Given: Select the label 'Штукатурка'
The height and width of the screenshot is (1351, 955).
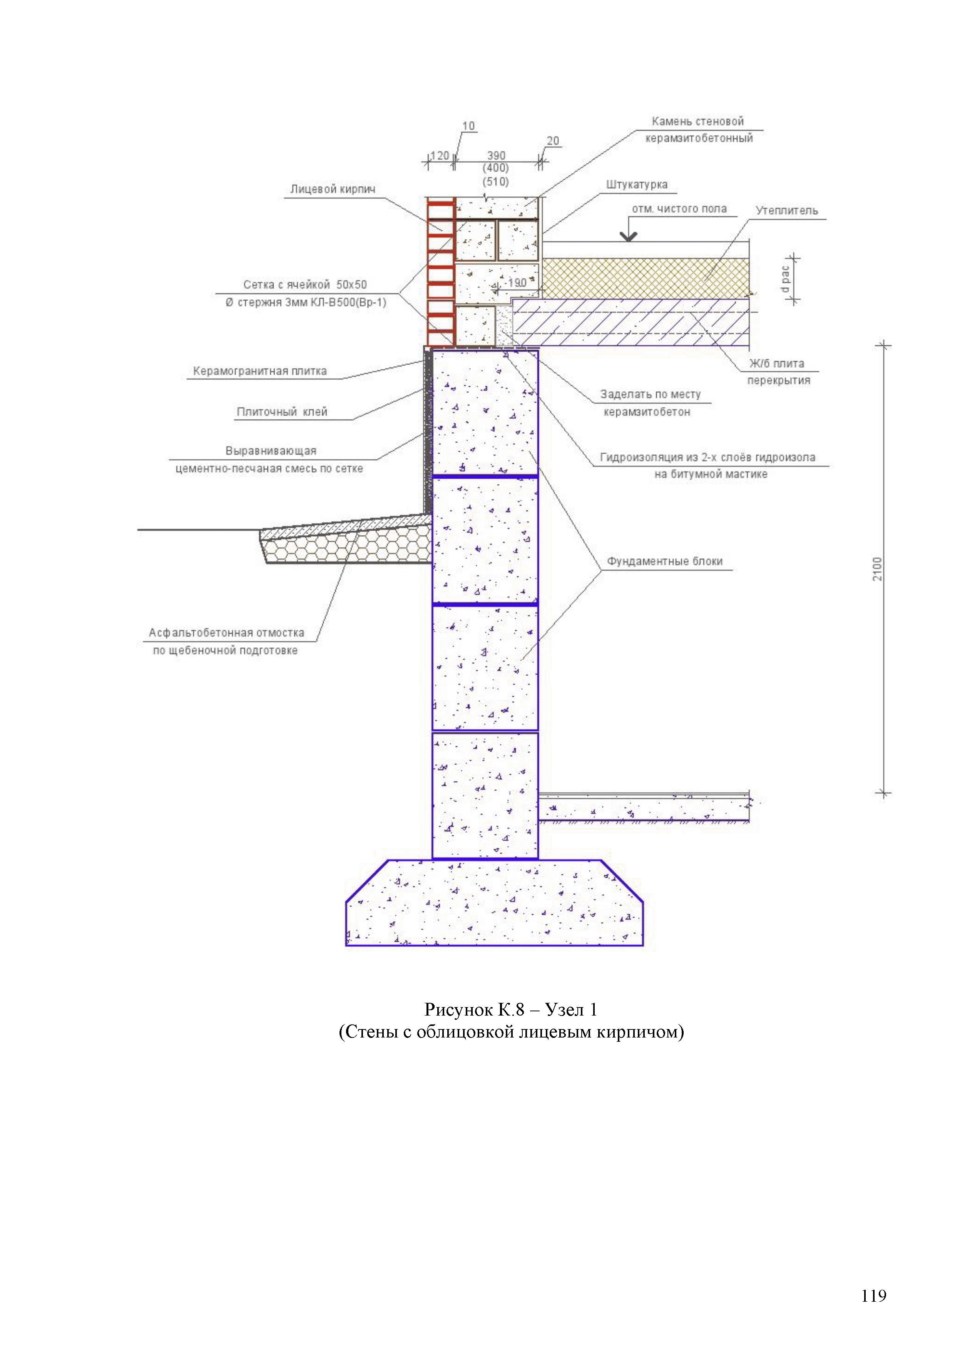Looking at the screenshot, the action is point(637,185).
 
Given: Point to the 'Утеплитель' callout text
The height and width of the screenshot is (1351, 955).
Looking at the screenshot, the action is point(786,211).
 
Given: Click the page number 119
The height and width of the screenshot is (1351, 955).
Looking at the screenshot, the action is point(873,1296).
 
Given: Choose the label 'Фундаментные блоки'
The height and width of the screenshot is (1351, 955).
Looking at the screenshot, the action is point(664,562).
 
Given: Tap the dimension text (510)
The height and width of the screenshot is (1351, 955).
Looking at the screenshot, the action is point(496,182).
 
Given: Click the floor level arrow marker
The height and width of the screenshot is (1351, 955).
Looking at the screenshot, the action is point(629,236).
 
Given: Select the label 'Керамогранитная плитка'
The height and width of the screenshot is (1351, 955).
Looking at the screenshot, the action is point(259,371).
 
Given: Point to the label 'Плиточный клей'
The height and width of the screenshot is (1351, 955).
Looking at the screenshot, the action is point(282,412).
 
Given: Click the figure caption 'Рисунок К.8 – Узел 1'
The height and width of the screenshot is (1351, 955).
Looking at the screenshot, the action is point(510,1010).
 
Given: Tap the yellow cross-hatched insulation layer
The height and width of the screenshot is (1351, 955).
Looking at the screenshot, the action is point(645,278).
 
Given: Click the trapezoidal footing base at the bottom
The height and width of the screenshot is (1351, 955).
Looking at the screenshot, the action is point(494,903).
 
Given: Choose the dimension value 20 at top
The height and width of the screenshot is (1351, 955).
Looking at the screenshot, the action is point(553,141).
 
